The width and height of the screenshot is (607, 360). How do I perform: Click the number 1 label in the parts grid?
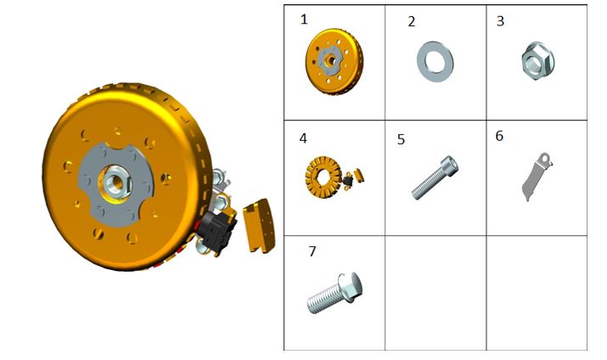pos(304,19)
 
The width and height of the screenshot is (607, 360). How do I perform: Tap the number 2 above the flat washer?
pos(412,21)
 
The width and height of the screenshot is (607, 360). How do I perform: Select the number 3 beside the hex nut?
pos(500,21)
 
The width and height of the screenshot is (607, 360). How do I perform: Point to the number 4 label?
pos(303,138)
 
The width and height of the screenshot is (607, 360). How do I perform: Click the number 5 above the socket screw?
pos(401,139)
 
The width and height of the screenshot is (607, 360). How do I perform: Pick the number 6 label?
pos(499,136)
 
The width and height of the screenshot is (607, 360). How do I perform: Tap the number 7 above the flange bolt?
pos(312,251)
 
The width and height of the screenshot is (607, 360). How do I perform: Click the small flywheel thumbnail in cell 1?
pos(334,61)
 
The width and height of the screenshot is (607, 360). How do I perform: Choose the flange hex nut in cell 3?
pos(538,61)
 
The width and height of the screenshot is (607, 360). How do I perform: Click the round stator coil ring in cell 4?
pos(323,177)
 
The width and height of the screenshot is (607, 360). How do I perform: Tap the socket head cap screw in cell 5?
pos(435,177)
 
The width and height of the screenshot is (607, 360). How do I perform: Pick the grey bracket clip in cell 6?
pos(536,177)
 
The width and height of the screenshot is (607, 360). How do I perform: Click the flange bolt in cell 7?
pos(334,293)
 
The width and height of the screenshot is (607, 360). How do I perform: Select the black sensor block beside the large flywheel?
pos(216,232)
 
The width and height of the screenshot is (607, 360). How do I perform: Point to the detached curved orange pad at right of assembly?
pos(259,226)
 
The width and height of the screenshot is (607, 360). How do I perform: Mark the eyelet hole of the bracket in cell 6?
pos(545,158)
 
